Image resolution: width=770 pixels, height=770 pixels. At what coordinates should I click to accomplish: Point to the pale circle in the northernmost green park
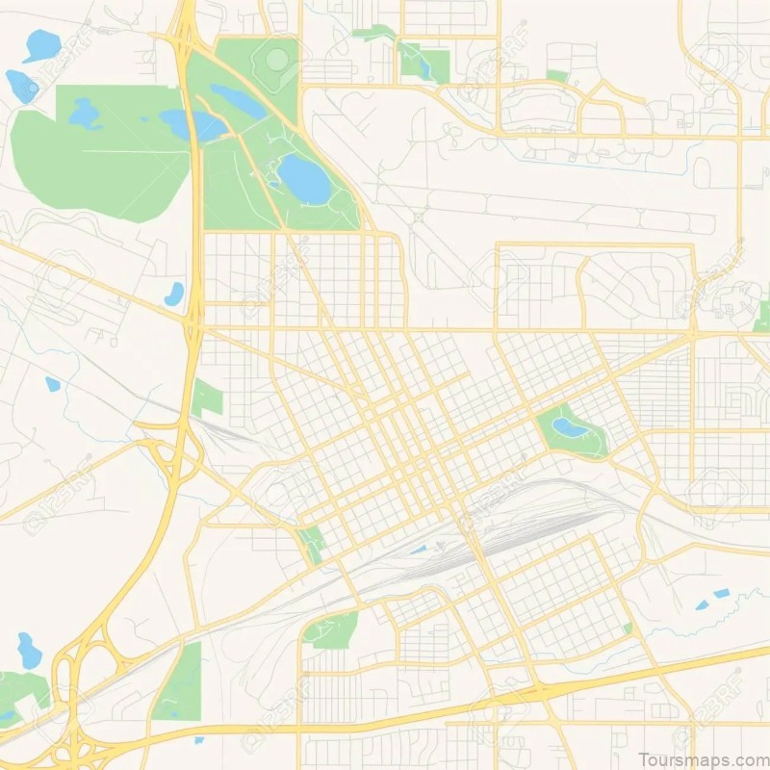tap(277, 60)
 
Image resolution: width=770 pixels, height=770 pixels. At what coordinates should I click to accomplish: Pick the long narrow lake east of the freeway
tap(238, 99)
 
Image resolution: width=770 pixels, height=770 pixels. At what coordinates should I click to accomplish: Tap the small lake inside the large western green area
tap(85, 114)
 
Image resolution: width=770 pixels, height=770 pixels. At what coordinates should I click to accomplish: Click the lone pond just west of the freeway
tap(174, 294)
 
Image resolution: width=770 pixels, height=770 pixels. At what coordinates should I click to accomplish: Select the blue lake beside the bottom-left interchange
tap(29, 651)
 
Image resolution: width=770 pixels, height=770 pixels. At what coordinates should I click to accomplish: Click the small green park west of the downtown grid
tap(206, 398)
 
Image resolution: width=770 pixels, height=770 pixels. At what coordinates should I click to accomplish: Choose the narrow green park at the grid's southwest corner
tap(312, 544)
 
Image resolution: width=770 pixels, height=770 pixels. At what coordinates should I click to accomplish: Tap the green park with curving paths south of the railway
tap(330, 629)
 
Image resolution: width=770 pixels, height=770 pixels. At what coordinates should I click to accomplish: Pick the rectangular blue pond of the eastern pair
tap(721, 593)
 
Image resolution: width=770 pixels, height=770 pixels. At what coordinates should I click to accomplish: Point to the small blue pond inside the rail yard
tap(418, 550)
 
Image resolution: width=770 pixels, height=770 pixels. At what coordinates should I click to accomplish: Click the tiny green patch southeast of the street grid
tap(627, 628)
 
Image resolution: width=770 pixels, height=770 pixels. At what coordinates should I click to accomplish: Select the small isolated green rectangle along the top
tap(557, 75)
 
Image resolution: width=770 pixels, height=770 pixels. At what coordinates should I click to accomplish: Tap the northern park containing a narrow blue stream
tap(423, 61)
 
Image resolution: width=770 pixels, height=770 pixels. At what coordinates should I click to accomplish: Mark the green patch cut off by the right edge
tap(762, 315)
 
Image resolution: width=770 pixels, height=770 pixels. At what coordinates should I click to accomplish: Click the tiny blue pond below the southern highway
tap(198, 739)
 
